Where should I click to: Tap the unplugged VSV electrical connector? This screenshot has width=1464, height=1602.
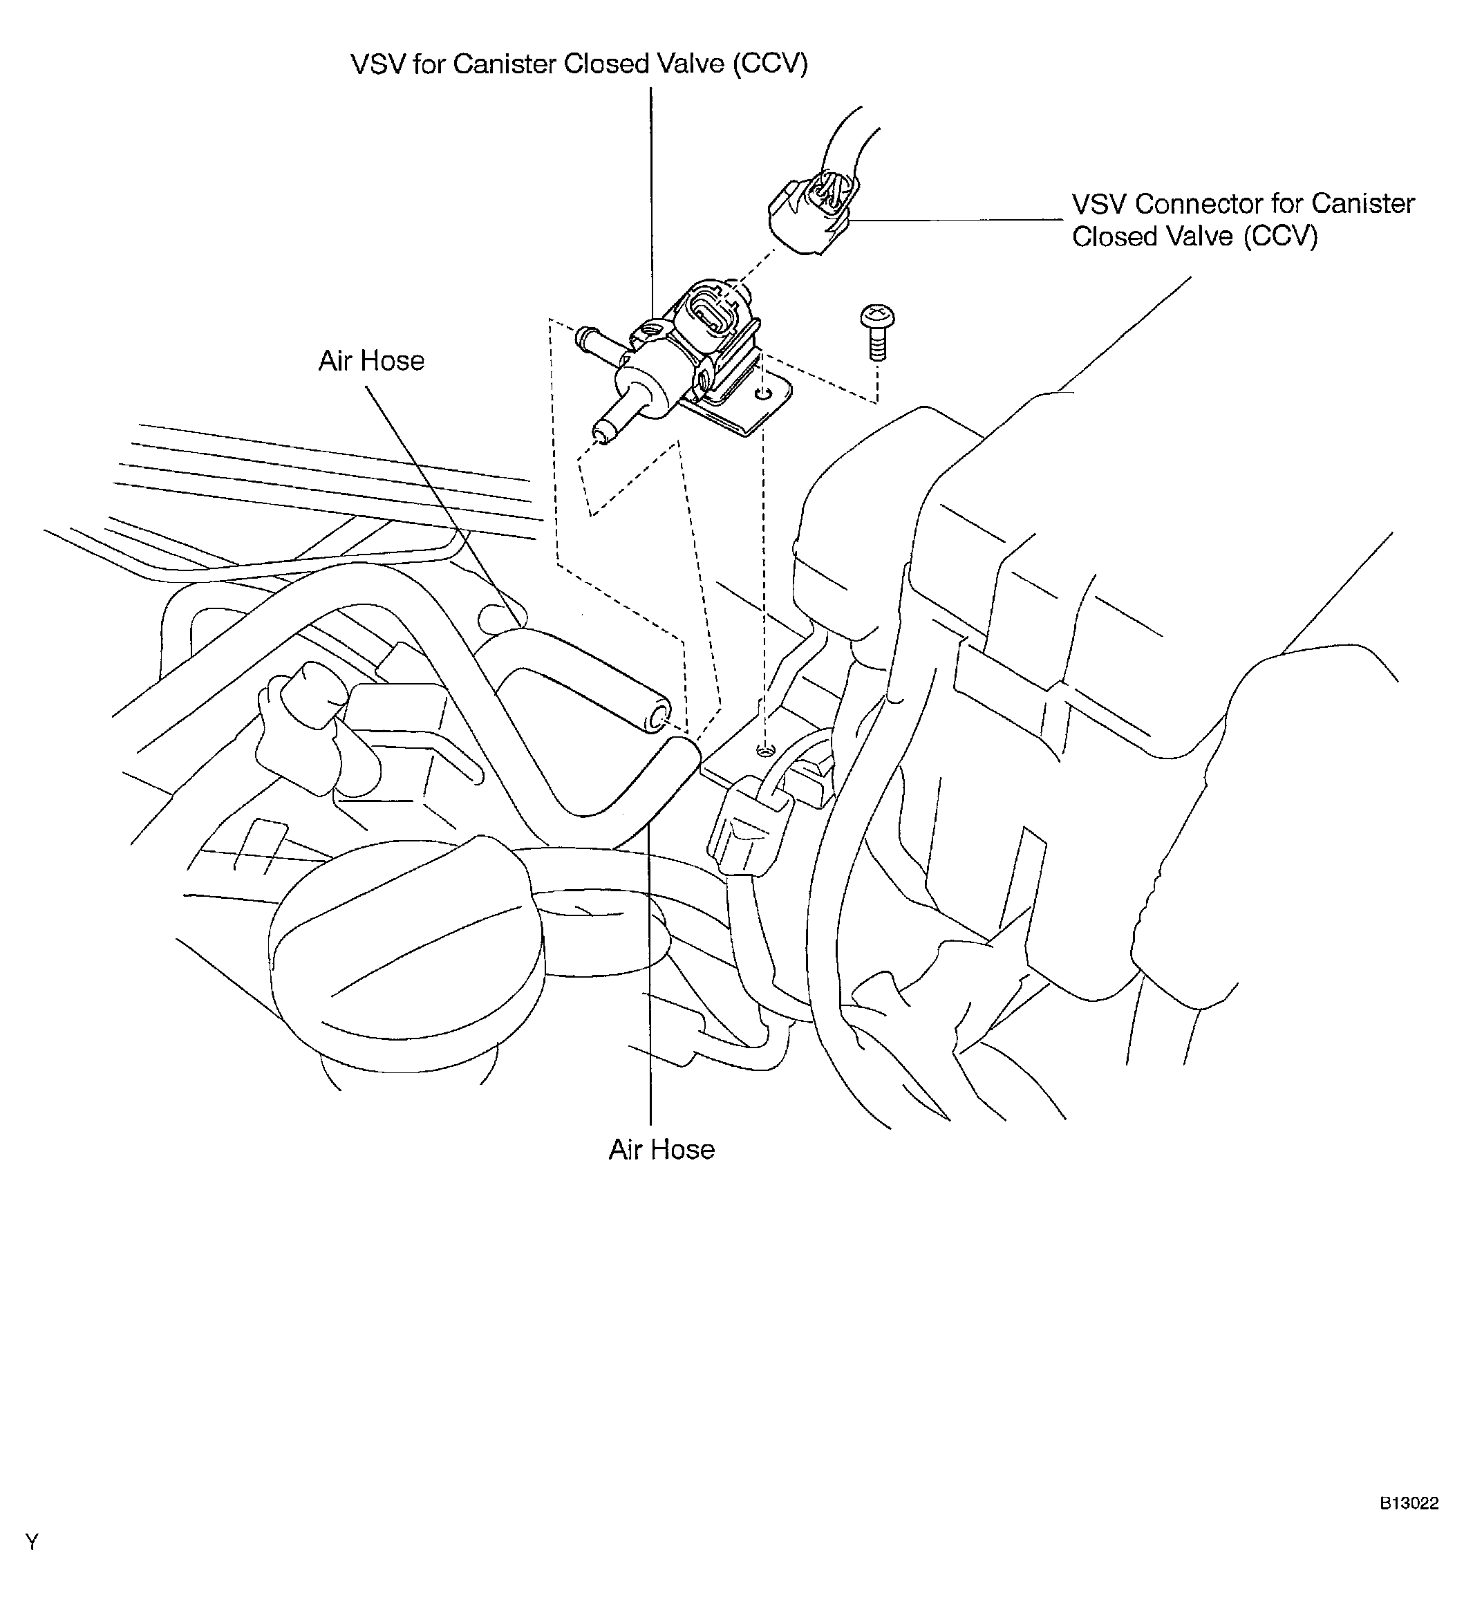click(x=814, y=213)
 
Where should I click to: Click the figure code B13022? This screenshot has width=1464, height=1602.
click(x=1409, y=1502)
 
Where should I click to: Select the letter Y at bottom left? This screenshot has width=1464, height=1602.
click(x=32, y=1543)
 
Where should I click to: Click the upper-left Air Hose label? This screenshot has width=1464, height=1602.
click(x=371, y=361)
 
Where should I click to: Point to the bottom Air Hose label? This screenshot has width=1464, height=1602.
click(x=661, y=1149)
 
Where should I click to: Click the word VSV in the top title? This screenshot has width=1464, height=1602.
click(x=378, y=64)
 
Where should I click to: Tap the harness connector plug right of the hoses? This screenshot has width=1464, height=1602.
click(x=747, y=827)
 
